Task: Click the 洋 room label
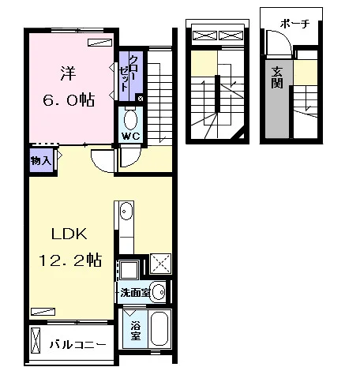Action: [68, 73]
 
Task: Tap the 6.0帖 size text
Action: [69, 99]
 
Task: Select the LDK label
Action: [69, 234]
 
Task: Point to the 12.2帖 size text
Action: [70, 260]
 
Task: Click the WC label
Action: [131, 137]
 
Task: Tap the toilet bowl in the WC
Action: [130, 120]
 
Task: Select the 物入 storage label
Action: [41, 160]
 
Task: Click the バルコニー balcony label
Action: [78, 344]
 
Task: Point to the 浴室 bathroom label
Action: [135, 331]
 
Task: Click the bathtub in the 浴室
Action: [159, 329]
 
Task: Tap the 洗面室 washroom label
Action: [135, 293]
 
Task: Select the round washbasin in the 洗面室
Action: [159, 292]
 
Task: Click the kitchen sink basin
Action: [126, 211]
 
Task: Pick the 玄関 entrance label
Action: [277, 78]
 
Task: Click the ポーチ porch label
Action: [294, 24]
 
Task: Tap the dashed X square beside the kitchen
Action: [160, 264]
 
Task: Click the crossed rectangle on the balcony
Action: [36, 340]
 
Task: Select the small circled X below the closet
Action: [141, 99]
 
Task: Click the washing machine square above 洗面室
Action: [129, 270]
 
